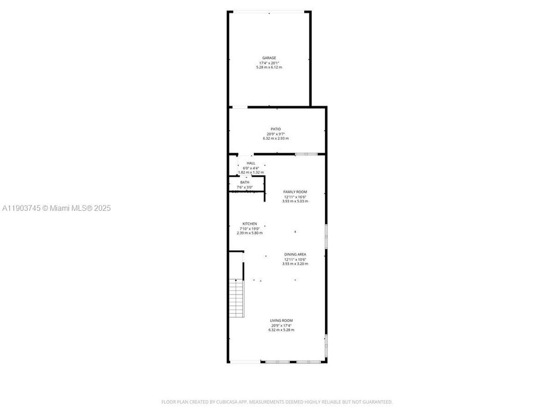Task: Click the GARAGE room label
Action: [x=269, y=58]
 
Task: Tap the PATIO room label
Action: [x=275, y=129]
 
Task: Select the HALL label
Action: [x=251, y=164]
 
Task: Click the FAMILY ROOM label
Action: [x=295, y=192]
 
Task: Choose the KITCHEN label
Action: [x=249, y=224]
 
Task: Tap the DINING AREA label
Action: [x=295, y=254]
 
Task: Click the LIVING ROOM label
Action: [x=282, y=321]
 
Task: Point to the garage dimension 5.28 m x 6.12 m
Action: [x=269, y=68]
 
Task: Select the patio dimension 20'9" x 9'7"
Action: [x=275, y=134]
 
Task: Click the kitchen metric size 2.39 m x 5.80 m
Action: [x=249, y=233]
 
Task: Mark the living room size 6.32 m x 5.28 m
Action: [x=282, y=330]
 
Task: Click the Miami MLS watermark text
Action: [x=57, y=208]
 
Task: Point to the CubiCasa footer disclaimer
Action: [x=277, y=402]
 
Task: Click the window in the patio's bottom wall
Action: [x=306, y=154]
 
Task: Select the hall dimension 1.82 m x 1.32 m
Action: [x=251, y=173]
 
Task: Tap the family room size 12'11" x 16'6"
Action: [x=295, y=196]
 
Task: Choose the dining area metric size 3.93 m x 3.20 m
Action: [x=295, y=263]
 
